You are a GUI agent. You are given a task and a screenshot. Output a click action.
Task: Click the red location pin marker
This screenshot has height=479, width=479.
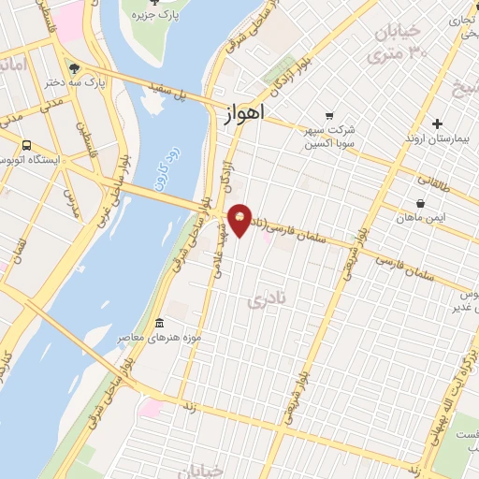tap(240, 220)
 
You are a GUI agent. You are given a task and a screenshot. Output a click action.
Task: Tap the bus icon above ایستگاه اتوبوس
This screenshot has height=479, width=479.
tap(25, 145)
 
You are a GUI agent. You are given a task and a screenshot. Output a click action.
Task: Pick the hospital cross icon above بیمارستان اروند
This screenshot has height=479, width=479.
tap(438, 123)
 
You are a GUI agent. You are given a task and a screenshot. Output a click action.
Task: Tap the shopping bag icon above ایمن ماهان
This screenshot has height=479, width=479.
tap(420, 203)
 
